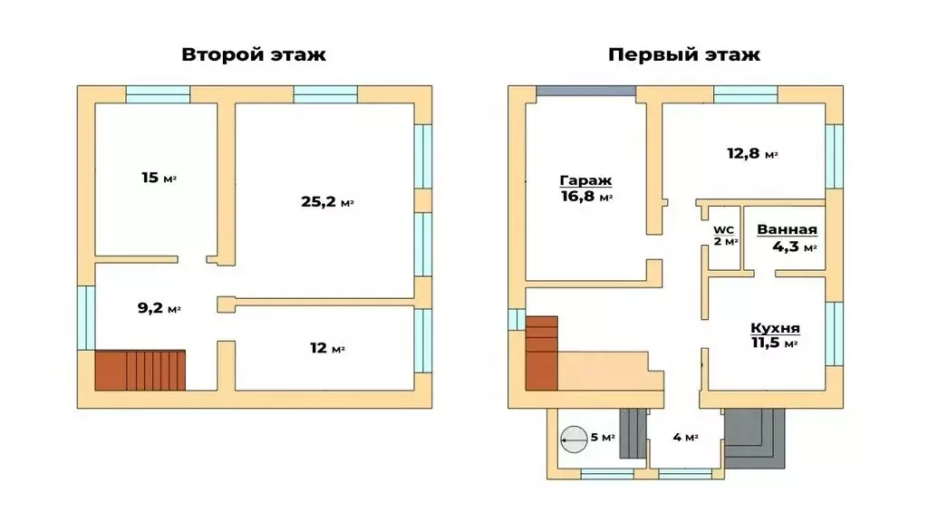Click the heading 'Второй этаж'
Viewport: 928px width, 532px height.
(x=254, y=54)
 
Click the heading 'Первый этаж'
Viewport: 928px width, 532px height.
(x=683, y=54)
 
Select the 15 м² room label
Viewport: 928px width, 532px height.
(x=159, y=178)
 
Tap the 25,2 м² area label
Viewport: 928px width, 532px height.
(x=326, y=202)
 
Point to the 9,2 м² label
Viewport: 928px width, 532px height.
(x=159, y=308)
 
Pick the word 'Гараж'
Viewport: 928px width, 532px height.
(x=586, y=179)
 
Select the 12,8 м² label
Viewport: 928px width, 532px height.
(x=753, y=154)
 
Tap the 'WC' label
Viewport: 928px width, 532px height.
(x=724, y=229)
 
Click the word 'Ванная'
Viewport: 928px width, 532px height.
(x=787, y=229)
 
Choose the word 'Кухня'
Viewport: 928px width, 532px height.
(x=775, y=327)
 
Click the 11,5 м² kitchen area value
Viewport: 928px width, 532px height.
(x=775, y=343)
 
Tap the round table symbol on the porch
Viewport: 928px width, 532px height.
(x=574, y=439)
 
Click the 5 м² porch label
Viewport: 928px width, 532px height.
(x=603, y=438)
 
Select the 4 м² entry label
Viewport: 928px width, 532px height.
(x=684, y=438)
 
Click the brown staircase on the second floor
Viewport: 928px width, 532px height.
(x=140, y=370)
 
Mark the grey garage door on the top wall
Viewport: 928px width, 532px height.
(x=585, y=92)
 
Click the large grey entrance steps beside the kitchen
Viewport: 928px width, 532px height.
(x=754, y=436)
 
